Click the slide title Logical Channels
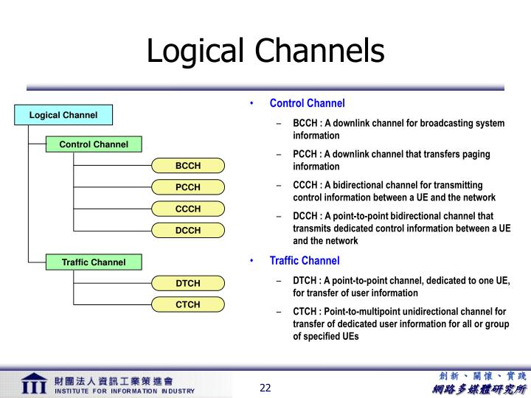pos(265,51)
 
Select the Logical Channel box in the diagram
pos(63,115)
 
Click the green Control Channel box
pos(94,144)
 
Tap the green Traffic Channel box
pos(94,262)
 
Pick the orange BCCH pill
pos(188,166)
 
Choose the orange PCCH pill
pos(188,187)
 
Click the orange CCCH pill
pos(188,209)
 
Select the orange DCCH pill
pos(188,230)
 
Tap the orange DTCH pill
pos(188,283)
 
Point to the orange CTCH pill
pos(188,304)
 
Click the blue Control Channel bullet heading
pos(307,103)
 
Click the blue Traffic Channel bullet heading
pos(305,261)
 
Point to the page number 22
pos(265,388)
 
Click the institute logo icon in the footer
pos(33,385)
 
